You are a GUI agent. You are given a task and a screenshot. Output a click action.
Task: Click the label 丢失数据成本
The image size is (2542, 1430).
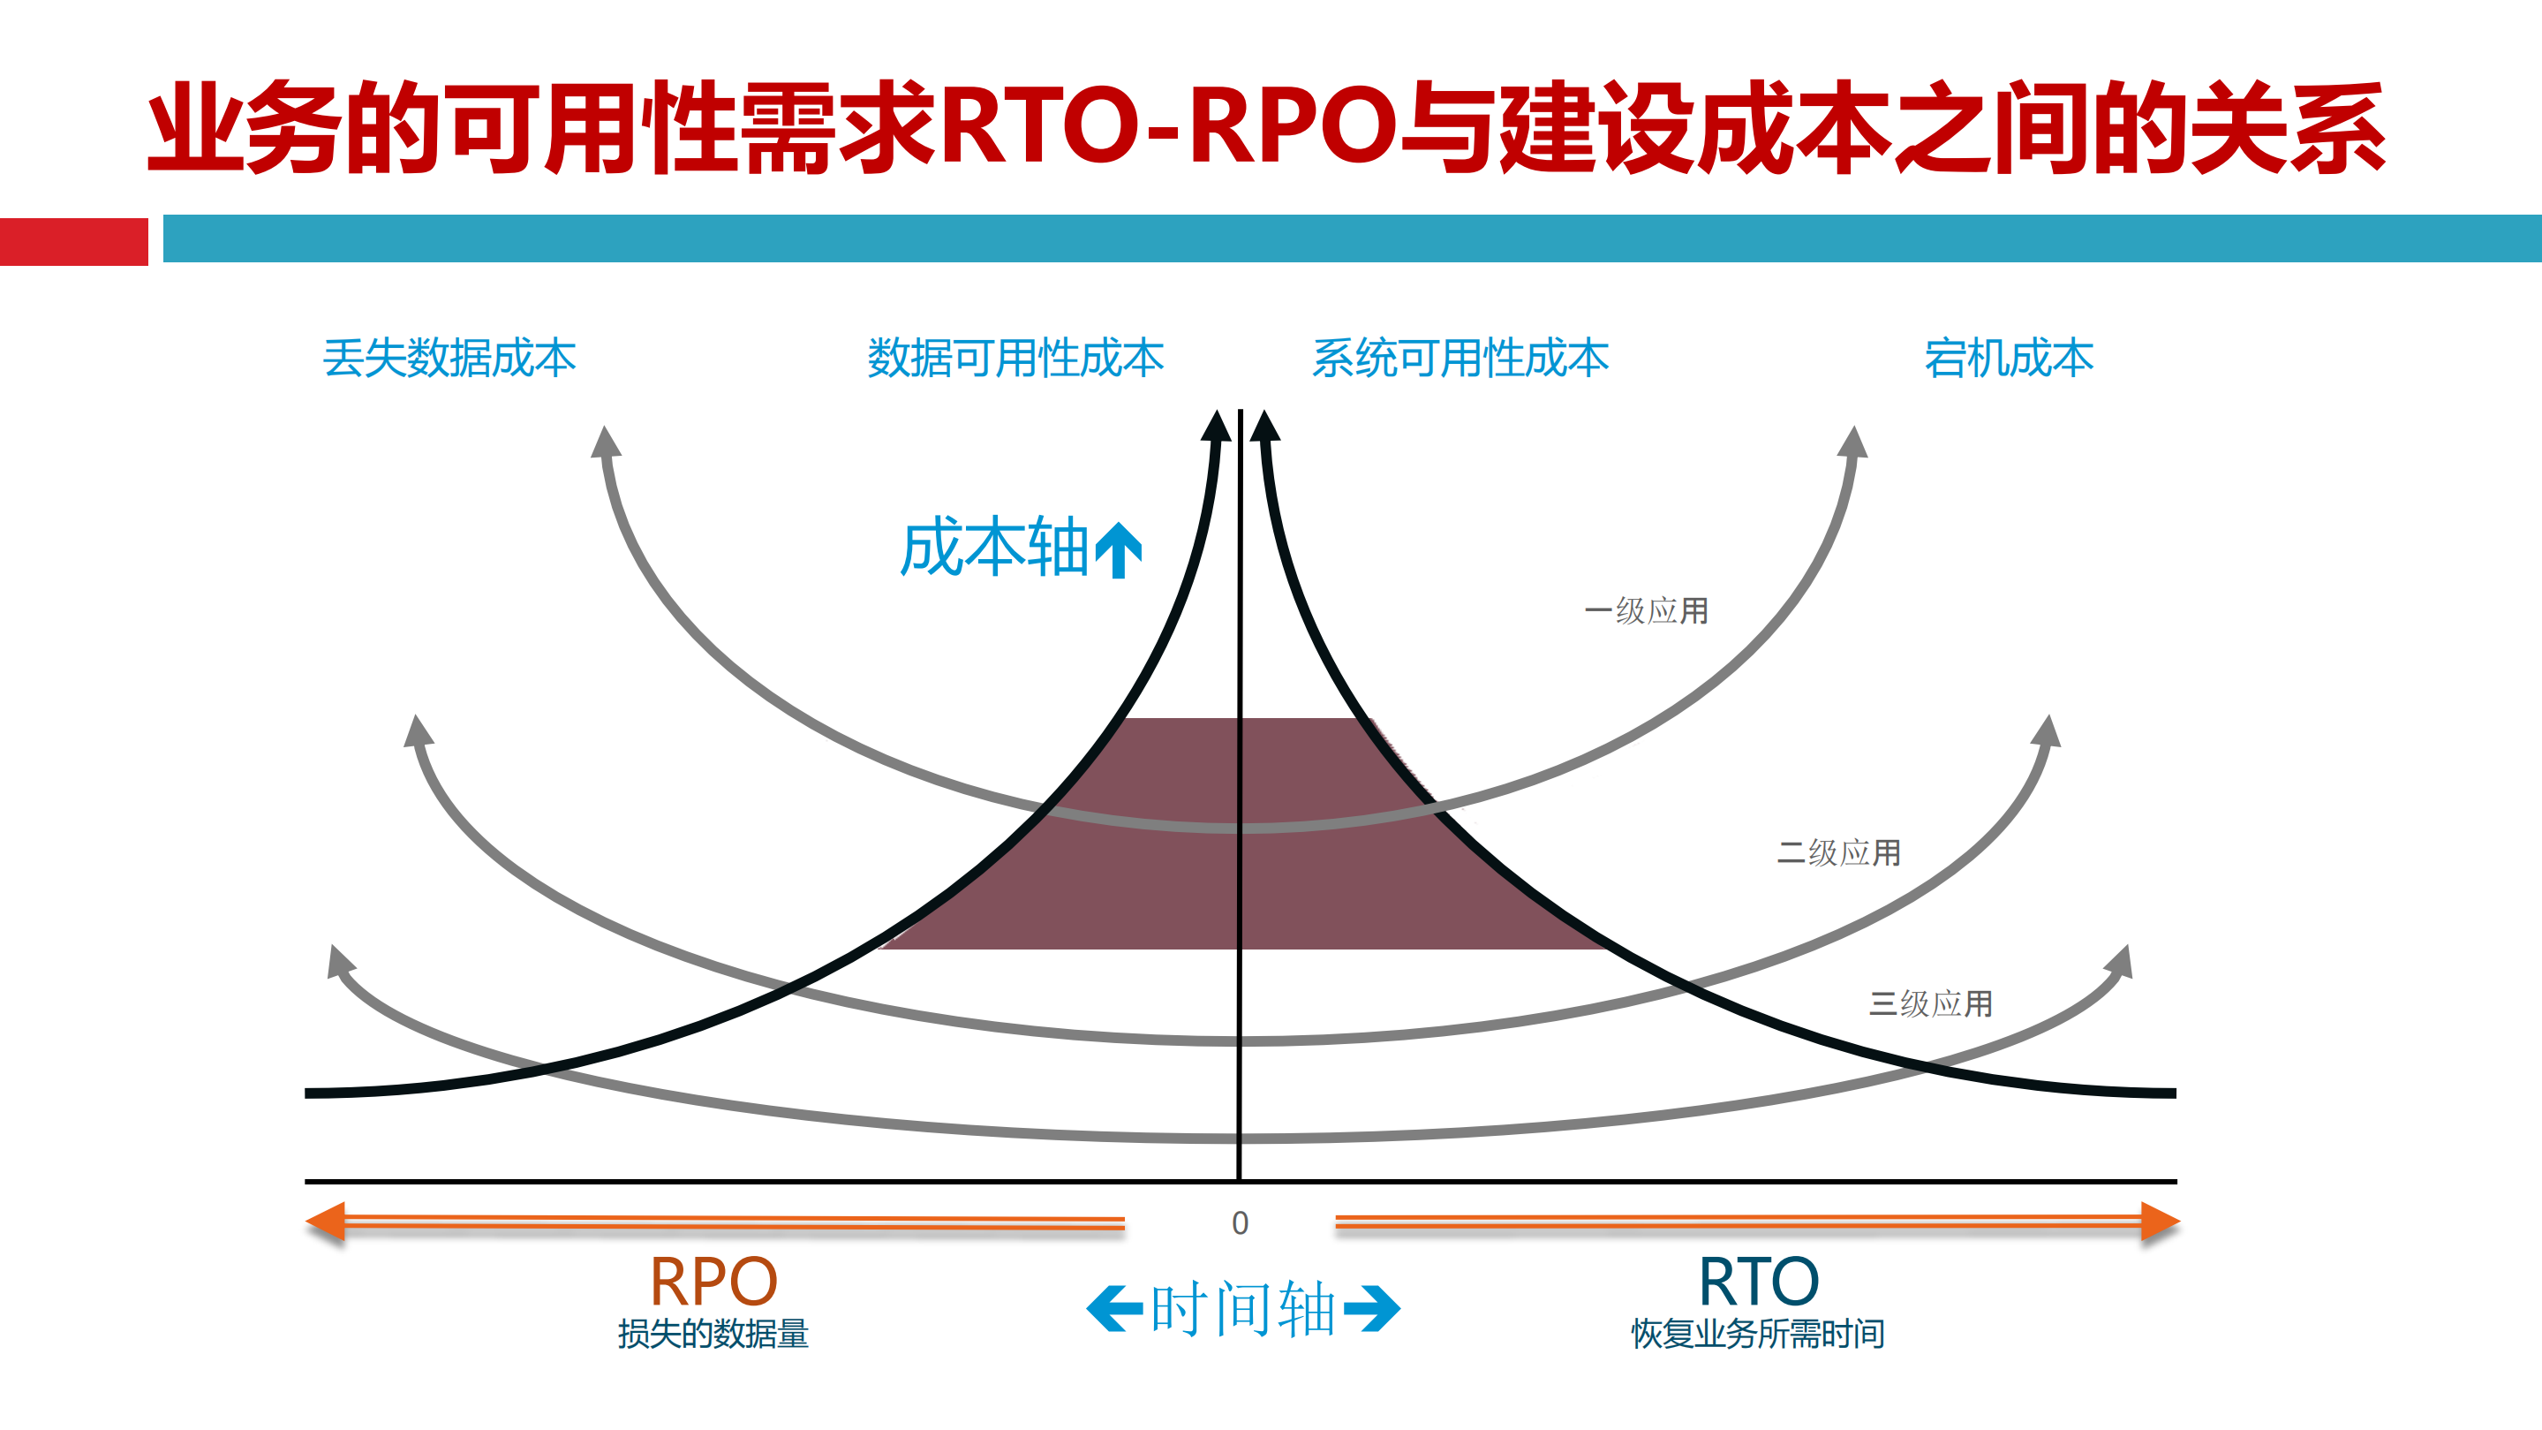click(449, 357)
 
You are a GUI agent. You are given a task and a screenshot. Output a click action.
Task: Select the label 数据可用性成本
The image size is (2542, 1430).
click(1015, 357)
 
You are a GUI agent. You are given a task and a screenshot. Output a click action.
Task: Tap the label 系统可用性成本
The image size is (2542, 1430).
click(1460, 357)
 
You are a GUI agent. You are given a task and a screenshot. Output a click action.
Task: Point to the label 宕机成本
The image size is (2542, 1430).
click(2008, 357)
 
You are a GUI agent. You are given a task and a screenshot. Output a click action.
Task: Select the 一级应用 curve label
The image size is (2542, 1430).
click(1646, 611)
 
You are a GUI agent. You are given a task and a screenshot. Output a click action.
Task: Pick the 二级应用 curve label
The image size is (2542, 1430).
click(1838, 852)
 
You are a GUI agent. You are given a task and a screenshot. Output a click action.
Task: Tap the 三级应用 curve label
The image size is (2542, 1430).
click(1930, 1003)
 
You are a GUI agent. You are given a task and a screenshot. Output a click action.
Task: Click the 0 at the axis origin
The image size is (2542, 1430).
click(1241, 1223)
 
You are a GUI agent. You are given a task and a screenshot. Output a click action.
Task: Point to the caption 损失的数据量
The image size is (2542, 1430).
click(713, 1335)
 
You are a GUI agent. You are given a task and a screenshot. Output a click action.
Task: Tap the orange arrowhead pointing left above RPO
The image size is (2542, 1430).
click(328, 1222)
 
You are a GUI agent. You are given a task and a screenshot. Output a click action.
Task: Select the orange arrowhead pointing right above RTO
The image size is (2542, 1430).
click(2158, 1222)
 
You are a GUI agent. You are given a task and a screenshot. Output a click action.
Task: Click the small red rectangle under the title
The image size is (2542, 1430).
click(74, 242)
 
